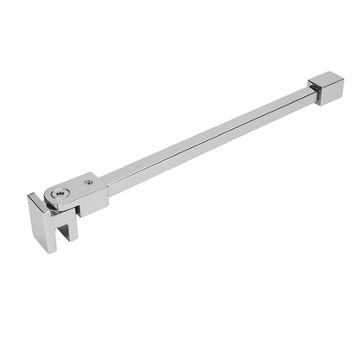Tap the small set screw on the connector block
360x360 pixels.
tap(89, 183)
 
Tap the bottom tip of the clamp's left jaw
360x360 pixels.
tap(49, 249)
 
